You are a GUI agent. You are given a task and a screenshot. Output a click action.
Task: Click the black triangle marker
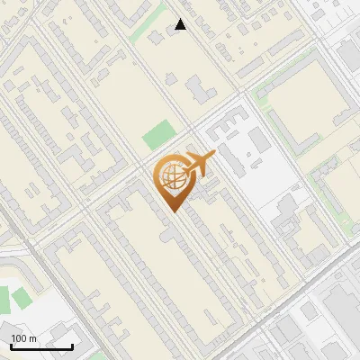point(181,25)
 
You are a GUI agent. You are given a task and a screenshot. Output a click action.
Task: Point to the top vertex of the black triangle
point(181,19)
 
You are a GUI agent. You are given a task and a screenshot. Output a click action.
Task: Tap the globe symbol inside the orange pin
point(172,175)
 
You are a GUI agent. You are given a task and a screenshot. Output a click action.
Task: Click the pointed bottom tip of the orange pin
point(172,212)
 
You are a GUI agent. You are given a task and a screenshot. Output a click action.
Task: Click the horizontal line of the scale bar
point(41,346)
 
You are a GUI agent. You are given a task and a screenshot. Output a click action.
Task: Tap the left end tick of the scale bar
point(10,344)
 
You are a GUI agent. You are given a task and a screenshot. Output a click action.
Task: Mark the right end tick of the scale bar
point(73,344)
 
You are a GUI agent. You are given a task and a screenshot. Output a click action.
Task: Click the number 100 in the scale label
point(19,338)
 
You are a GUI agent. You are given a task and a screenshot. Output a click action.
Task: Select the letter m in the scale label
point(33,338)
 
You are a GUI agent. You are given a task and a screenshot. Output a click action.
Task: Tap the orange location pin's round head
point(172,176)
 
